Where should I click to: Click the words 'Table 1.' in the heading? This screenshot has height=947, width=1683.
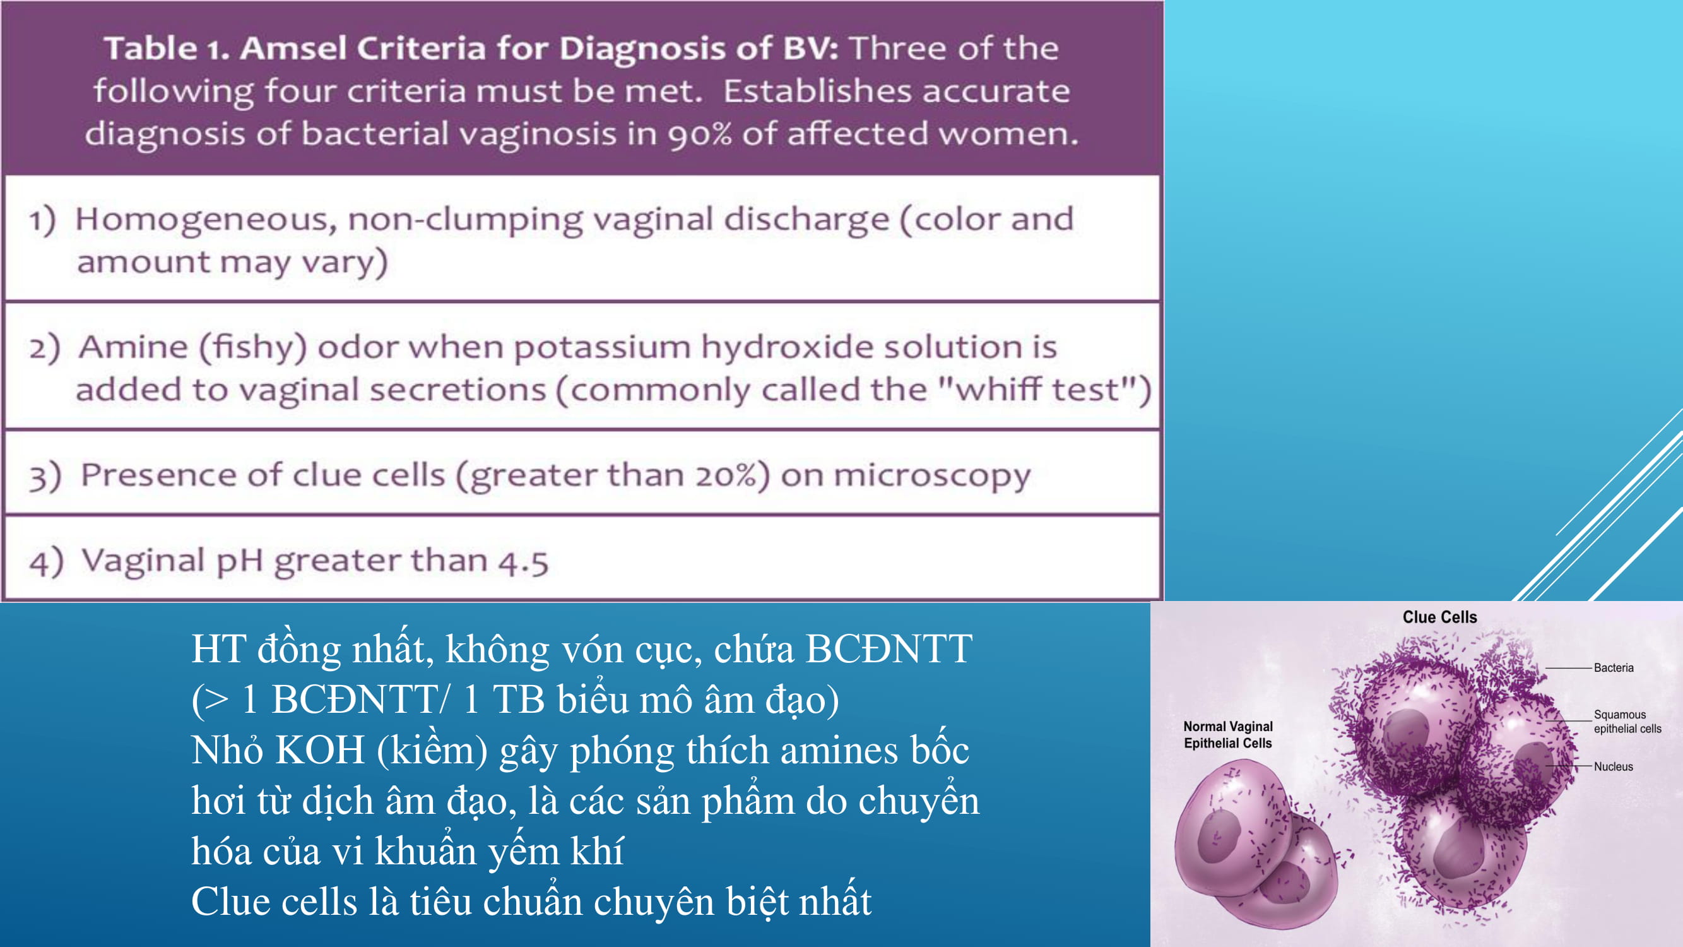point(167,49)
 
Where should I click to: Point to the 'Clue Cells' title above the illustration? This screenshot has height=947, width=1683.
point(1439,617)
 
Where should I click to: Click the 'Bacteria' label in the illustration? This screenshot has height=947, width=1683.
point(1613,667)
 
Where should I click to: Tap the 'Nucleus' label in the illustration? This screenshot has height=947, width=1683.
point(1613,766)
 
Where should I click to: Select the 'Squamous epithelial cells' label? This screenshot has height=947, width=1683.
point(1627,722)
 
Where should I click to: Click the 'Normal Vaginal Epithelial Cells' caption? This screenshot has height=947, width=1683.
point(1227,735)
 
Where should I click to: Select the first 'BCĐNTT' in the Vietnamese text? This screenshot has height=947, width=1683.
point(889,649)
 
